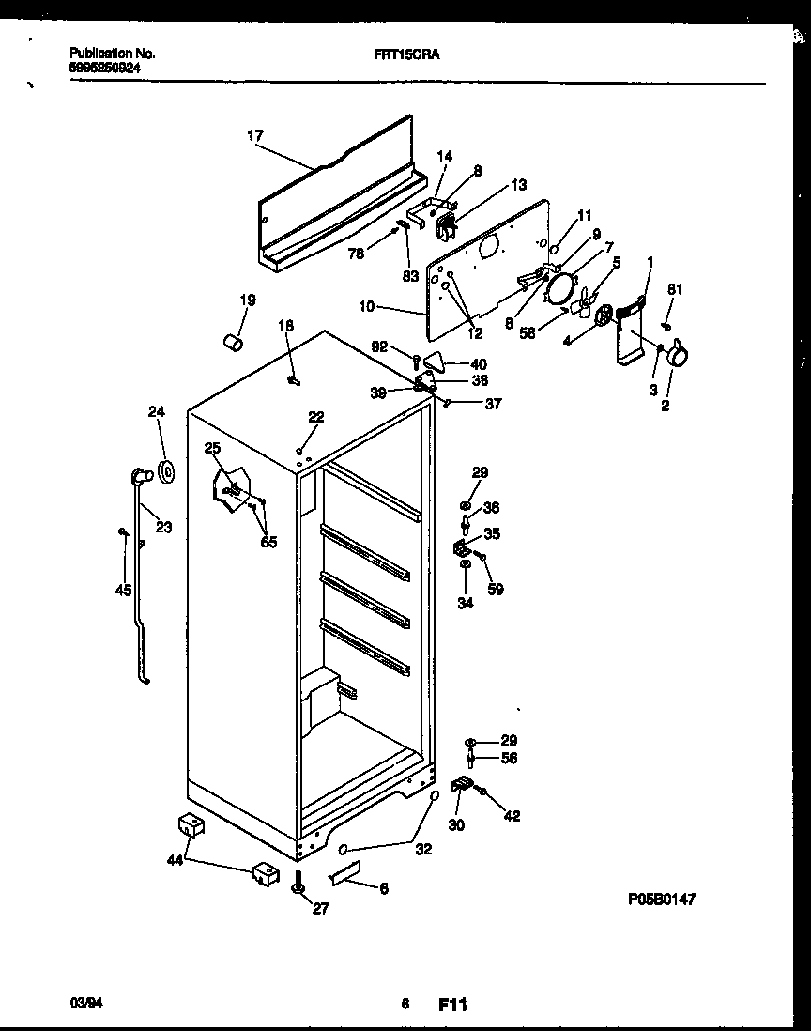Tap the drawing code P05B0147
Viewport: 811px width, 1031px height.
click(662, 899)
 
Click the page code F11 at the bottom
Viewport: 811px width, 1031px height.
click(452, 1005)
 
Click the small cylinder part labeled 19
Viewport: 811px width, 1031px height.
click(232, 342)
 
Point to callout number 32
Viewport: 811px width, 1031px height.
click(423, 849)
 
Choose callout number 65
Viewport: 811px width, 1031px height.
click(268, 542)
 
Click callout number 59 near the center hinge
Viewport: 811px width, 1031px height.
click(495, 589)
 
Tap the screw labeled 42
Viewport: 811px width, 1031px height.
click(483, 793)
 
